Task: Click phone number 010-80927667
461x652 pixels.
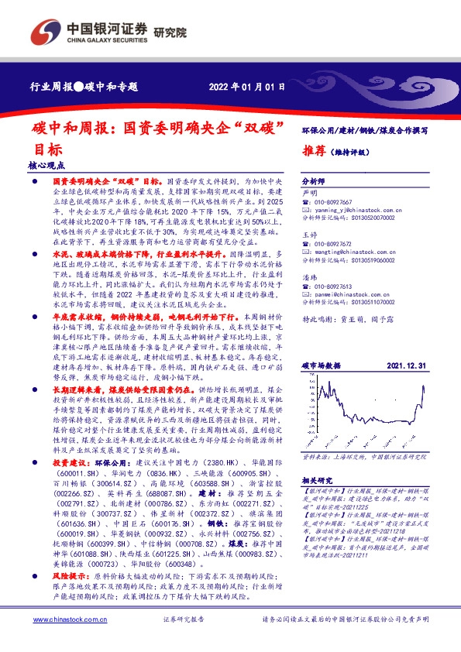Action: (334, 201)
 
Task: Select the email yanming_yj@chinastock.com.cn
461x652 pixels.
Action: (353, 209)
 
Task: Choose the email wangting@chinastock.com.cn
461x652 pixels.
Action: (352, 252)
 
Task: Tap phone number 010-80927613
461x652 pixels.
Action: (334, 287)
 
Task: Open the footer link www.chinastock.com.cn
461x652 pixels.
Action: (69, 620)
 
